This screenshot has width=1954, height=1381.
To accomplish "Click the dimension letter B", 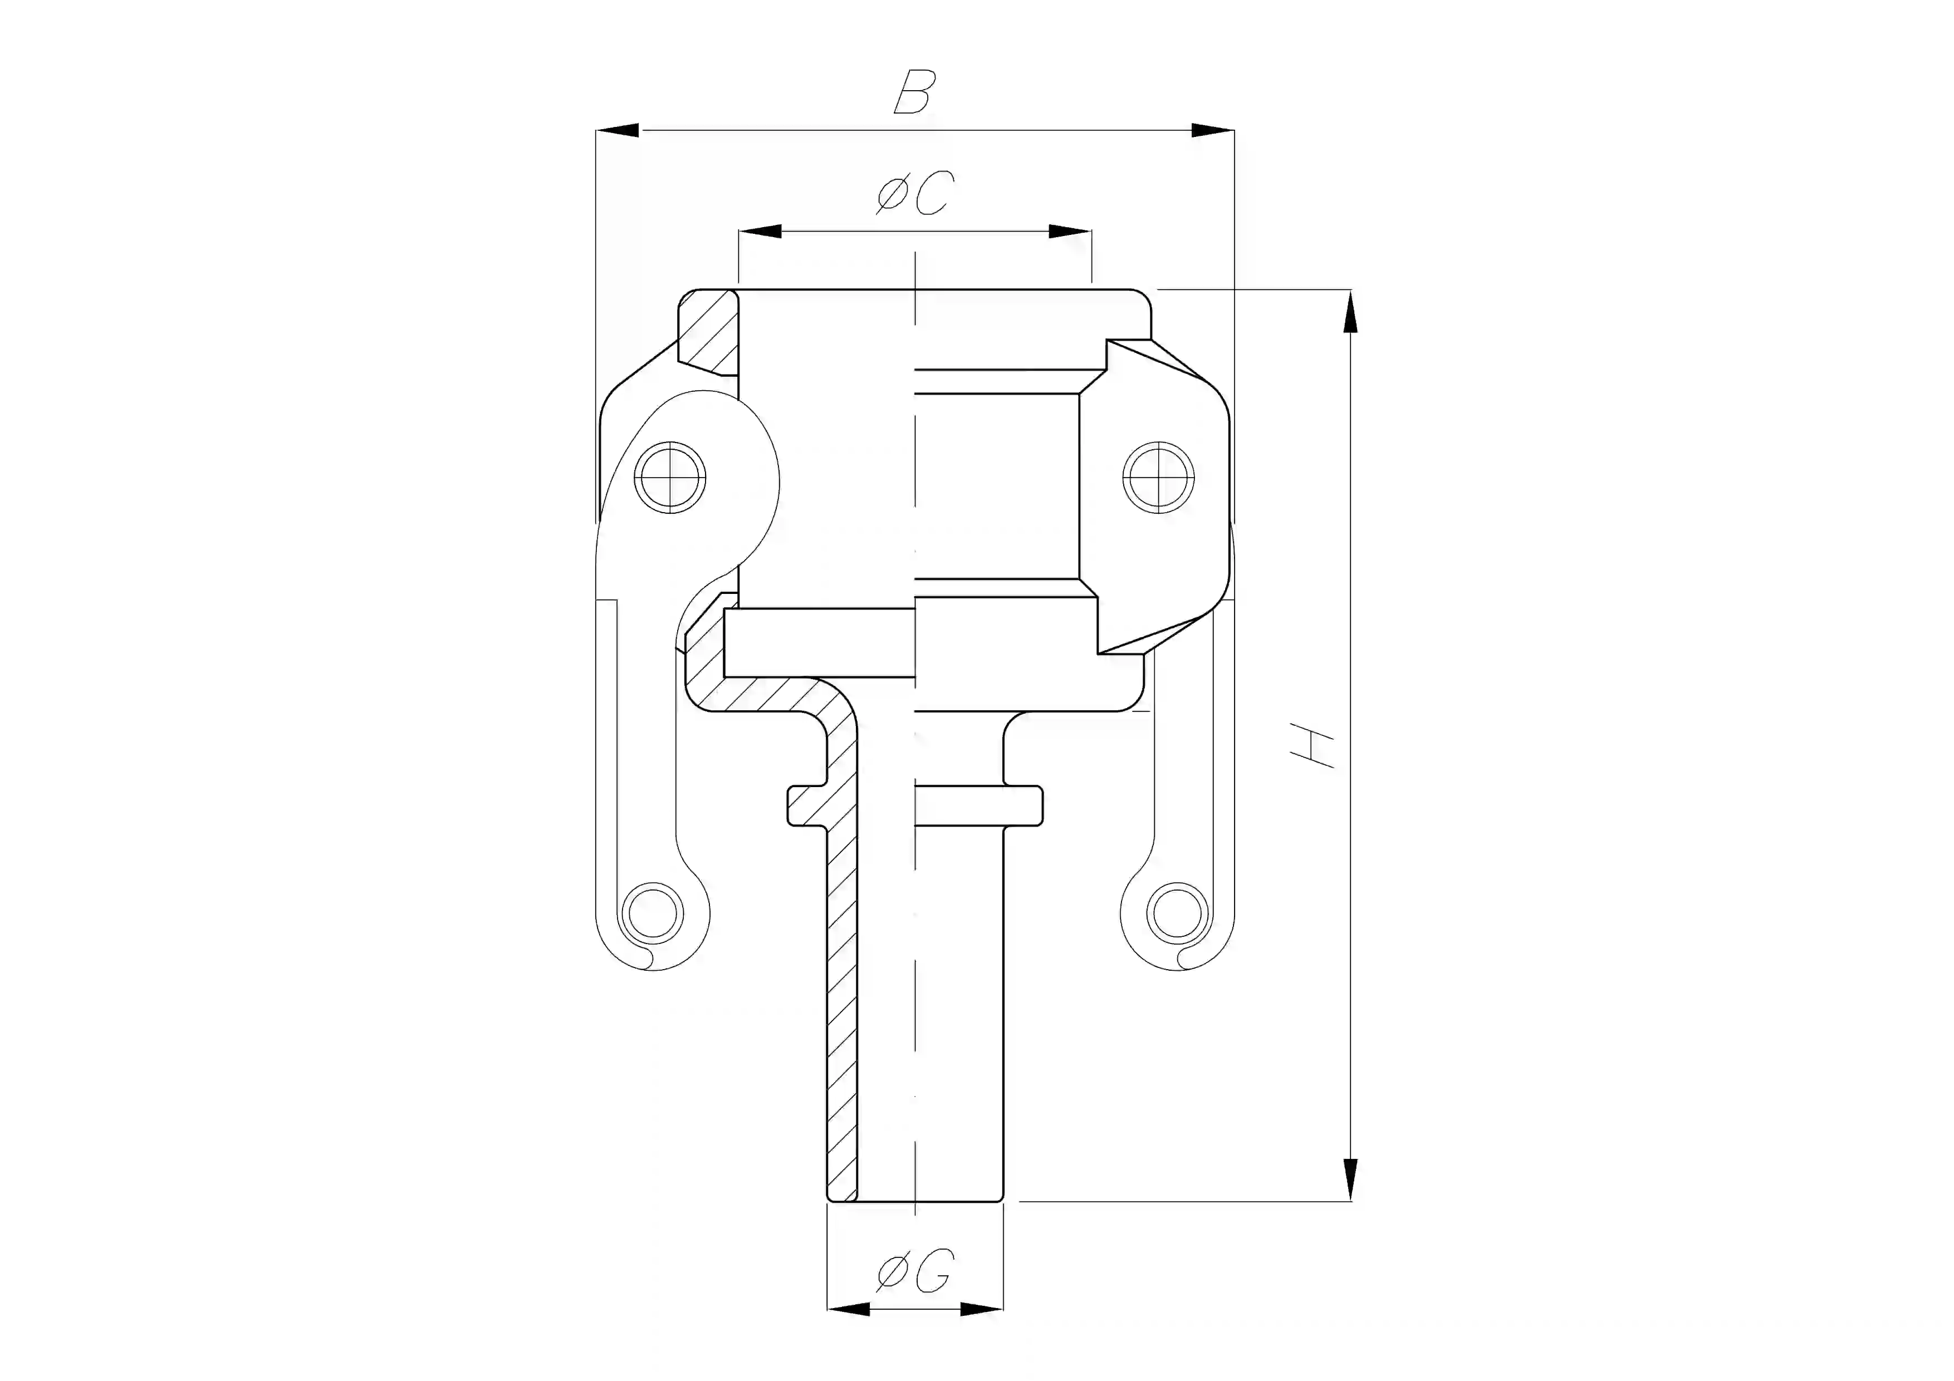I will [x=915, y=93].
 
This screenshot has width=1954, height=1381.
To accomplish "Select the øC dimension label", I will [x=915, y=193].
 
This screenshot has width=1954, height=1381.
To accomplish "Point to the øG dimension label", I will [x=915, y=1272].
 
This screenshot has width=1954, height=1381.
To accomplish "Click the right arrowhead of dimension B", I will [x=1212, y=130].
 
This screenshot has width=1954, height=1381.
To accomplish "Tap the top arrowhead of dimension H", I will [x=1350, y=311].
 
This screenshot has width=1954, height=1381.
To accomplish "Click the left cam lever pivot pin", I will [x=670, y=478].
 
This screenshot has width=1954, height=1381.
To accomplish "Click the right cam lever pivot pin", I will [x=1158, y=478].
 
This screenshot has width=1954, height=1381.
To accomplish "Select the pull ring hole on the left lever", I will [x=653, y=913].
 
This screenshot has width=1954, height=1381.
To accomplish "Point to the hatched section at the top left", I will [x=711, y=332].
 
